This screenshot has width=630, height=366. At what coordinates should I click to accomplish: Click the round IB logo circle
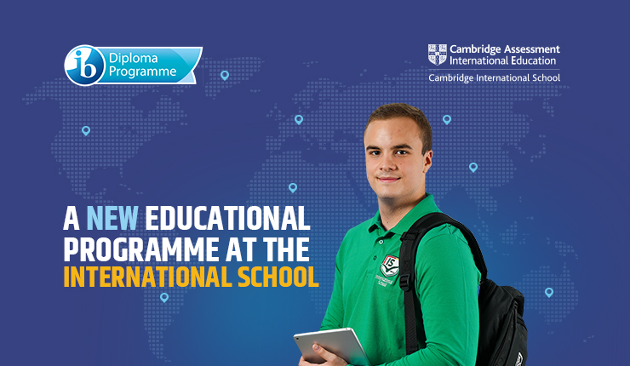point(85,65)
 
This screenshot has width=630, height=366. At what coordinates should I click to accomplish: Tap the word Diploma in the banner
point(134,58)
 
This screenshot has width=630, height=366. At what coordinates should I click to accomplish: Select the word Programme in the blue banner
point(143,71)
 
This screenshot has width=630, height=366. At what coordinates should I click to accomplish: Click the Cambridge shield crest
point(437,54)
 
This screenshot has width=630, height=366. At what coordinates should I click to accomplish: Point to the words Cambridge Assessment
point(505,49)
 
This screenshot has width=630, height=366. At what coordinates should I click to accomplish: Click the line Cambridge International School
point(494,77)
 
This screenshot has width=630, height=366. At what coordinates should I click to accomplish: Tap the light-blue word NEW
point(112,219)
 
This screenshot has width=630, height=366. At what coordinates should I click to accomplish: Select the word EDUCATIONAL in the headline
point(227,219)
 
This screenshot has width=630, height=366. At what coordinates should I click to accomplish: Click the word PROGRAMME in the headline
point(141,249)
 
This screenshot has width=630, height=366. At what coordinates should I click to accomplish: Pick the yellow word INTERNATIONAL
point(148,277)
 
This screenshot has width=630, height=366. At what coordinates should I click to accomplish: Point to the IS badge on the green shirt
point(389,266)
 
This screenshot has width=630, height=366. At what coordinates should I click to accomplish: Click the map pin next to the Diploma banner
point(225,75)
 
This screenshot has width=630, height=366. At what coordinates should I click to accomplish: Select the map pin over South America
point(164,297)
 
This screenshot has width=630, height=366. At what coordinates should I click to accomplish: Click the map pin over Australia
point(549,292)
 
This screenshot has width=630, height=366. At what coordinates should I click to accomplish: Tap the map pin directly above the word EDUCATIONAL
point(293,187)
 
